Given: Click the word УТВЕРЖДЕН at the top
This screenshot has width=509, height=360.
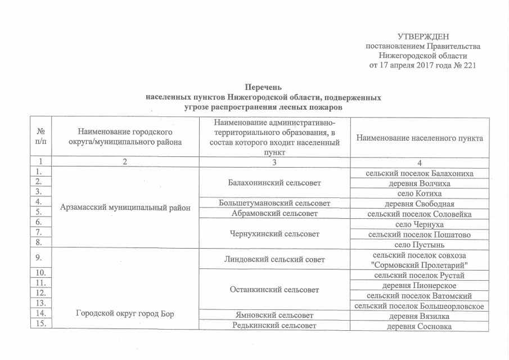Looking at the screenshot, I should pyautogui.click(x=424, y=36).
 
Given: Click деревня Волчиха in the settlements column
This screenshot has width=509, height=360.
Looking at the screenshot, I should pyautogui.click(x=419, y=183).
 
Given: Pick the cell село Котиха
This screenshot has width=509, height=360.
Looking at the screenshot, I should pyautogui.click(x=419, y=193).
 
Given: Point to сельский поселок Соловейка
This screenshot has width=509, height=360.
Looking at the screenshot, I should pyautogui.click(x=419, y=214).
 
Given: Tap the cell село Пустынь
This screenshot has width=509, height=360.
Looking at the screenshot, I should pyautogui.click(x=419, y=244).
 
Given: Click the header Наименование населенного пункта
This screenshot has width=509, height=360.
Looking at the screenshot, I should pyautogui.click(x=419, y=137).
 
